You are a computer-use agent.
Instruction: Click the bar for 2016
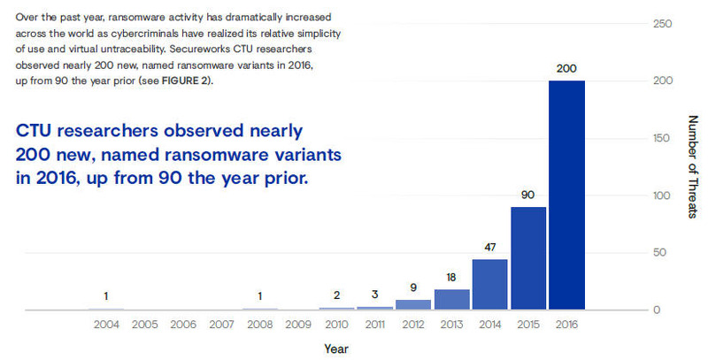(x=567, y=195)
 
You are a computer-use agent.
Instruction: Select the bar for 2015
(x=528, y=257)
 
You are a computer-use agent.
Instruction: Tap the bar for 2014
(x=490, y=284)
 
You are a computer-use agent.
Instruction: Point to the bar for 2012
(x=413, y=303)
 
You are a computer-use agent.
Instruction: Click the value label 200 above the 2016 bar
(x=567, y=67)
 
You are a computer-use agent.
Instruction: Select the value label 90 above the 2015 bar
(x=528, y=194)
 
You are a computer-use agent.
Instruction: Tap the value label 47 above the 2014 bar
(x=490, y=247)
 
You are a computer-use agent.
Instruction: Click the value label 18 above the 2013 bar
(x=451, y=277)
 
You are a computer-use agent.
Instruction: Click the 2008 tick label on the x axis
(x=260, y=324)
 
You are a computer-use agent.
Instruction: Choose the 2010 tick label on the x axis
(x=336, y=324)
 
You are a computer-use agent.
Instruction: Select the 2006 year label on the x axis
(x=183, y=324)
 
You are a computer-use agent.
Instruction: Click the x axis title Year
(x=336, y=348)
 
